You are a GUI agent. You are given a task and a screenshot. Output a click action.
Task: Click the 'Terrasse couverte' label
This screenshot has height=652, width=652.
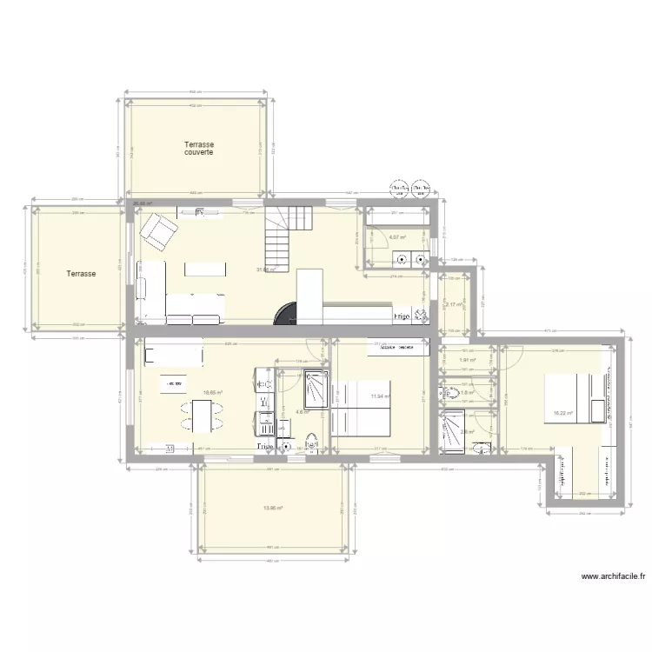tap(199, 149)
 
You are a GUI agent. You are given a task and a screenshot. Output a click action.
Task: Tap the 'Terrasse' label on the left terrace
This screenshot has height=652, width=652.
tap(81, 274)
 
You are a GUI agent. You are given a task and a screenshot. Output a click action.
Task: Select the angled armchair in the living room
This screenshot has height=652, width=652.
tap(159, 230)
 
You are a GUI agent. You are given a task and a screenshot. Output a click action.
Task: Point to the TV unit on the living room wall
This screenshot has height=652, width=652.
tap(201, 211)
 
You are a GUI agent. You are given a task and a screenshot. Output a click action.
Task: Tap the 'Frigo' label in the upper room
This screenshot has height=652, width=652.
tap(403, 317)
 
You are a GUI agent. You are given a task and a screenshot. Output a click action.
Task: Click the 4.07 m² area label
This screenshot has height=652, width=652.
tap(398, 236)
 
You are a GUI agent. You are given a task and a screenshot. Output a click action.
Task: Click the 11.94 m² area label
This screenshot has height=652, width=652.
tap(379, 397)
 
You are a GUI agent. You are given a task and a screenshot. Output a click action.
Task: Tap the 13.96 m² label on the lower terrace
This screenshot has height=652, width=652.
tap(275, 509)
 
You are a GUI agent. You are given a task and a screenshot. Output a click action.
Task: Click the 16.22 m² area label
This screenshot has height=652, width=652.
tap(563, 413)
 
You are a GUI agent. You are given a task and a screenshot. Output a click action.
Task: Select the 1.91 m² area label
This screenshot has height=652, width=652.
tap(468, 360)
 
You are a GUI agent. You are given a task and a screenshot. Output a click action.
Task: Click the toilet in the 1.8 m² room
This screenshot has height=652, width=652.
tap(454, 393)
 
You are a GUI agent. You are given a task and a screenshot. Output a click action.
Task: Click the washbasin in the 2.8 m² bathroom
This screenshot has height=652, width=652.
tap(482, 449)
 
